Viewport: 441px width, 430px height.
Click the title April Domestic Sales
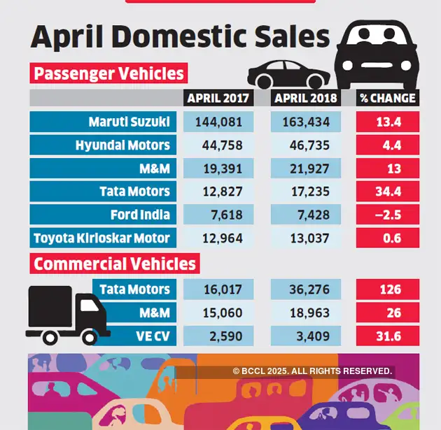(180, 37)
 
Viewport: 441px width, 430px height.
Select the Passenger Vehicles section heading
(109, 73)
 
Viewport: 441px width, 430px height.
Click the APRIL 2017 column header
(218, 98)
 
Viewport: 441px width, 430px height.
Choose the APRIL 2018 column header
(305, 98)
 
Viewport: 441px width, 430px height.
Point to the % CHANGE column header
(387, 98)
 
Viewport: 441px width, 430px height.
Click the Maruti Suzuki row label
(129, 122)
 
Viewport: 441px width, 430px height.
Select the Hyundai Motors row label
(122, 145)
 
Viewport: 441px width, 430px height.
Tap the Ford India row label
(140, 215)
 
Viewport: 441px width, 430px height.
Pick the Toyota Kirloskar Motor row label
(102, 238)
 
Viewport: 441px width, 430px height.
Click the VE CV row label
(153, 336)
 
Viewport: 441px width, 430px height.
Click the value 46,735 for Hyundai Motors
(305, 145)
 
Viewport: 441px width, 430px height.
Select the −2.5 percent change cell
(387, 215)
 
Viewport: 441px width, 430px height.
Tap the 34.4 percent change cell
(387, 192)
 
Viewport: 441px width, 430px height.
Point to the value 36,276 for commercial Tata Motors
(305, 289)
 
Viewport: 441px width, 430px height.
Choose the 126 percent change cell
(387, 289)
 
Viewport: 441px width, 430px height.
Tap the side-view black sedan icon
(288, 73)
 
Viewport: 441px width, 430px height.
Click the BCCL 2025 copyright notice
(312, 371)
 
